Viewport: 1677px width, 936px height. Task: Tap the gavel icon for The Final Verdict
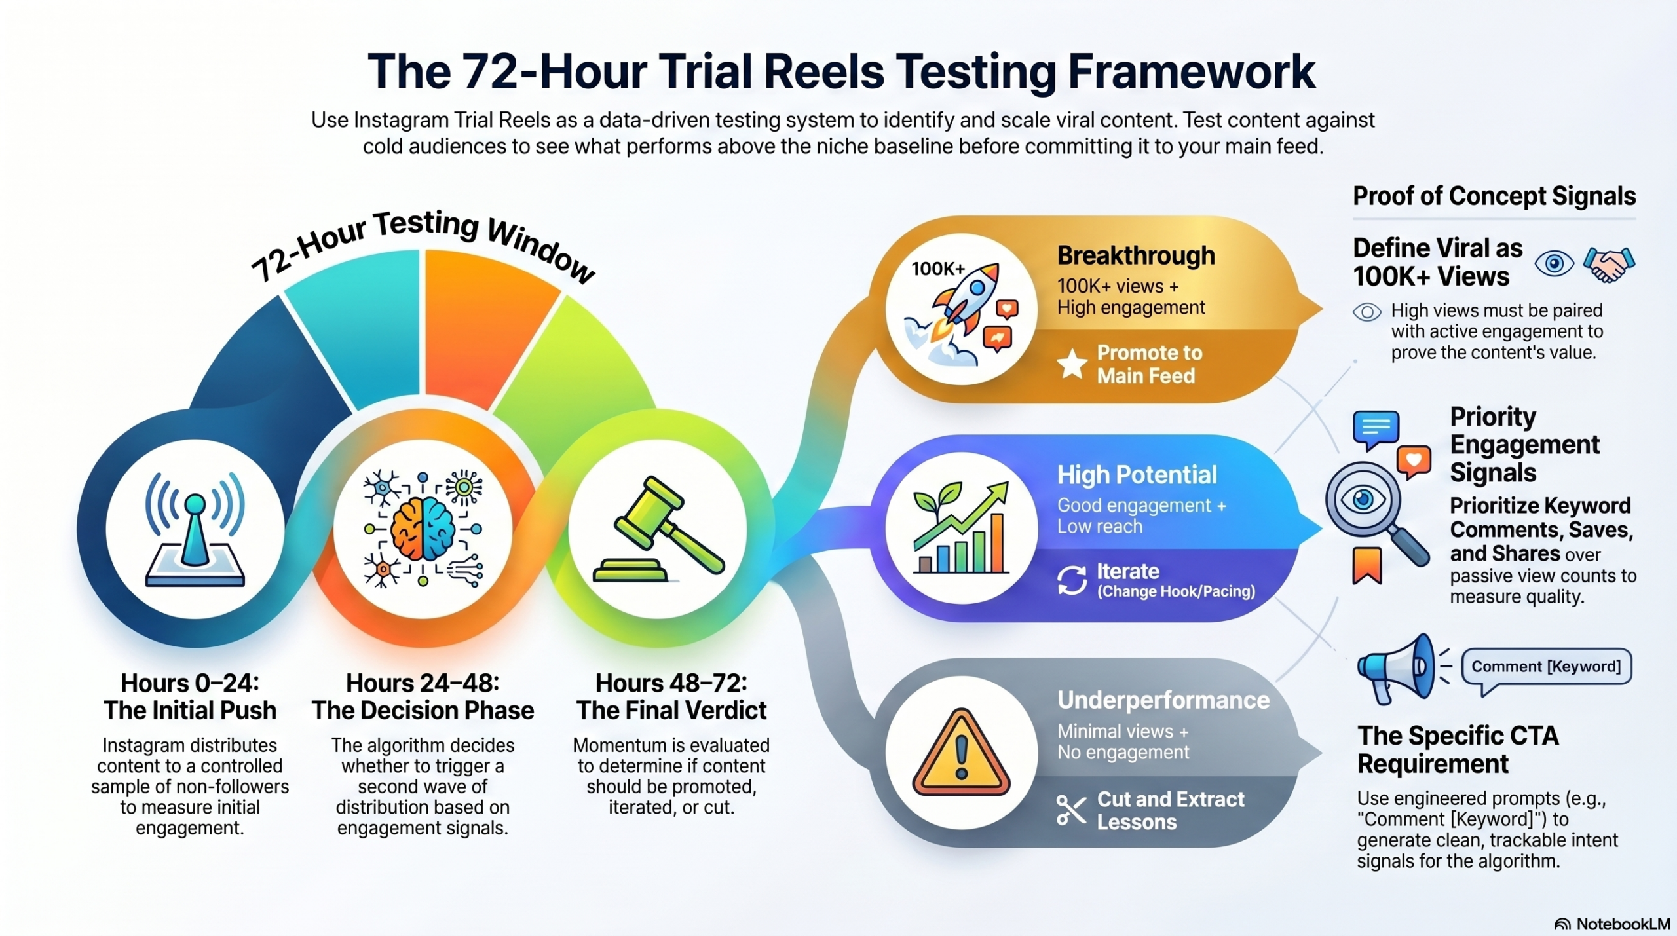tap(659, 529)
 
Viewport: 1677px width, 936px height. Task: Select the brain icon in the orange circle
tap(423, 528)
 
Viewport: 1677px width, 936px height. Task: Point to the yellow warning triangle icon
tap(961, 753)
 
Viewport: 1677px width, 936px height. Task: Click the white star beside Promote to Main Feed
tap(1072, 364)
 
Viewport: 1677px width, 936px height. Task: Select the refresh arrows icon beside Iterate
tap(1072, 580)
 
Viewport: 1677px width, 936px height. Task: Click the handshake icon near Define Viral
tap(1609, 264)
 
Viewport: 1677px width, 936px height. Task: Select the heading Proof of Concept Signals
tap(1494, 196)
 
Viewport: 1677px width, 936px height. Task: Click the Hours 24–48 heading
tap(423, 683)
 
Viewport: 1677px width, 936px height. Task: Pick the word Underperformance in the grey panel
tap(1163, 700)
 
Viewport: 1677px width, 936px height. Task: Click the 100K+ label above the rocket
tap(938, 269)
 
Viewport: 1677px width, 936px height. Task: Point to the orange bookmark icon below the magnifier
tap(1367, 565)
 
